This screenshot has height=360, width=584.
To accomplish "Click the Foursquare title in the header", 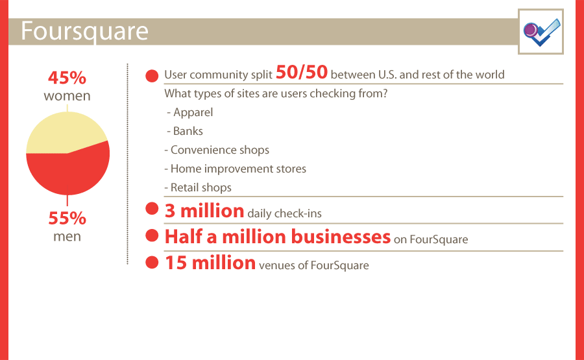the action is [x=84, y=32].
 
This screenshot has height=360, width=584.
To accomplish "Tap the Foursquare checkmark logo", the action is [x=541, y=32].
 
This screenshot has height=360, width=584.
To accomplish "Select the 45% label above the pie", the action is [x=67, y=78].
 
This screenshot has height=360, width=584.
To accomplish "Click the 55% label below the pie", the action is [x=67, y=218].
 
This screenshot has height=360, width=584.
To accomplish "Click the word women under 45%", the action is [x=67, y=96].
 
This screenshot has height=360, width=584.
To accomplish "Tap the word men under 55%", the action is [x=67, y=236].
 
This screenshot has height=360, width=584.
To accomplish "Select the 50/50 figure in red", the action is [x=302, y=72].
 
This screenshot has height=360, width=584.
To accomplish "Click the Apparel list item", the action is [x=190, y=112].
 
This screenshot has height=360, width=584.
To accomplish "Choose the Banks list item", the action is [x=185, y=131].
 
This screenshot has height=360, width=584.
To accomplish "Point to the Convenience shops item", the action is [x=217, y=150].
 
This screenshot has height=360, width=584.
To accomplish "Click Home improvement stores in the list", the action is [x=236, y=169].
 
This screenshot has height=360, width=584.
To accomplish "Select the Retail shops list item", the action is [x=198, y=187].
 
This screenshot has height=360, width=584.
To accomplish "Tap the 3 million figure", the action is [x=204, y=211].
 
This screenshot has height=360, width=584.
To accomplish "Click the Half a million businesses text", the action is [x=278, y=237].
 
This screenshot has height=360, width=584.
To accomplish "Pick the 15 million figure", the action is [x=210, y=263].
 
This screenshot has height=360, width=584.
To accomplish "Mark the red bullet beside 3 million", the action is [x=152, y=208].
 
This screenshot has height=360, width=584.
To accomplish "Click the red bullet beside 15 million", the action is [x=152, y=262].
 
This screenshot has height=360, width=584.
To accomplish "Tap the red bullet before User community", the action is [x=152, y=76].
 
